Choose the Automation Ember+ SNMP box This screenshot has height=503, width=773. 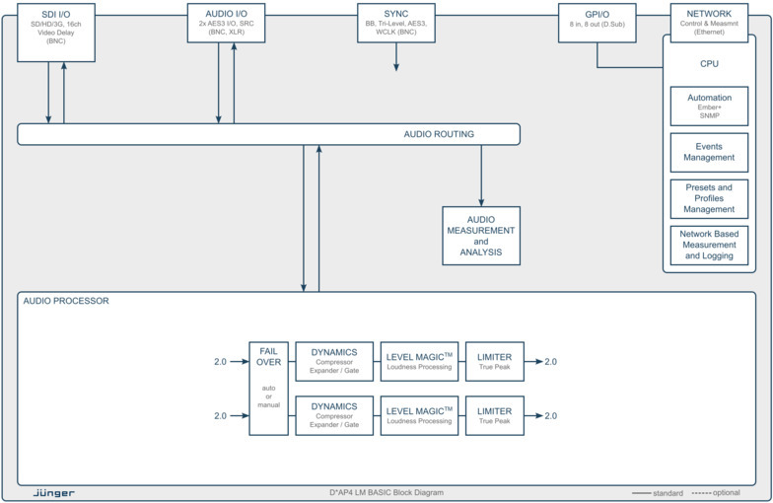(710, 105)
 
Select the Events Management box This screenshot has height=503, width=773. (710, 151)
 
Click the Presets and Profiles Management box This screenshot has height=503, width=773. (710, 197)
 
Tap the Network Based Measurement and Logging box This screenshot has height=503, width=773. (710, 244)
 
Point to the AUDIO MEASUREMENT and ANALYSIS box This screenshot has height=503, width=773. (481, 236)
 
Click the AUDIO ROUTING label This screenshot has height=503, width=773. (439, 134)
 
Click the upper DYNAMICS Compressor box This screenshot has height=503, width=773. (334, 361)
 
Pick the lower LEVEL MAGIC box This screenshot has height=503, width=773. (420, 415)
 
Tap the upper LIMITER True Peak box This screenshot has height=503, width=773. (494, 361)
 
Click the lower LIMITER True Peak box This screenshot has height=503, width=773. (494, 415)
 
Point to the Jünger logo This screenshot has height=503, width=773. (54, 492)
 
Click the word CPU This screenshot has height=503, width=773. (709, 64)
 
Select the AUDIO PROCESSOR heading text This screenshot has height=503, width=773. (66, 301)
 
